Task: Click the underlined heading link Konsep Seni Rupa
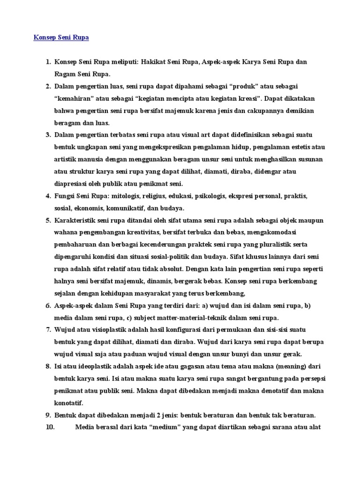click(61, 37)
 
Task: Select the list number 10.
click(50, 427)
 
